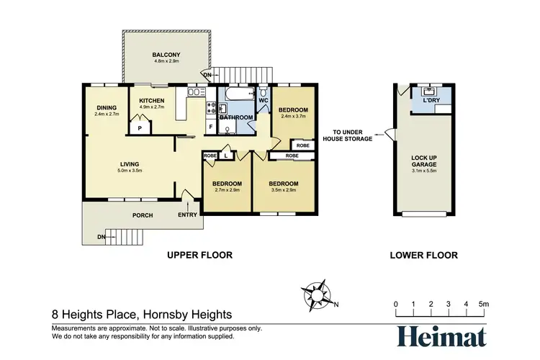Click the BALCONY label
coord(165,55)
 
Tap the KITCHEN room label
coord(152,101)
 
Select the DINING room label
coord(107,108)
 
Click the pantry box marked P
coord(140,127)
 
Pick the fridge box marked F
coord(210,127)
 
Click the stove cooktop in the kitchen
coord(211,109)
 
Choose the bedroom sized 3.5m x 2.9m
coord(284,184)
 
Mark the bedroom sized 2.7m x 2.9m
coord(227,184)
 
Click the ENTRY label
coord(186,214)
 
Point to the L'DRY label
coord(432,100)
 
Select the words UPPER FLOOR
coord(199,255)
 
